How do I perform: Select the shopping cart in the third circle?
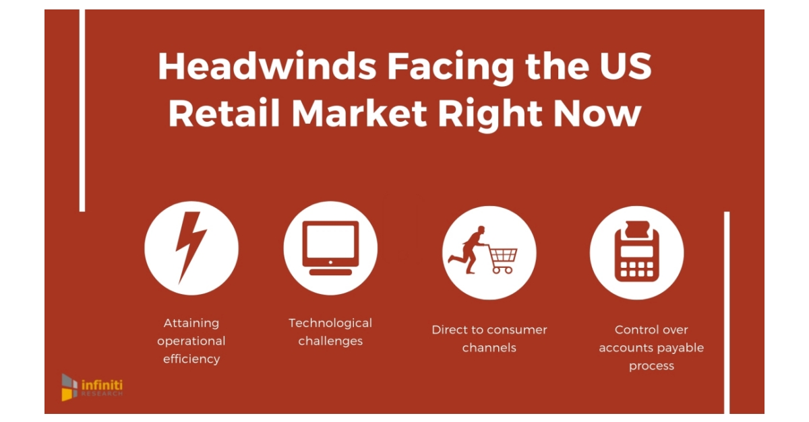click(503, 259)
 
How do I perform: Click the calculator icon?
click(636, 252)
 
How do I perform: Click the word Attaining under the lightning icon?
click(191, 323)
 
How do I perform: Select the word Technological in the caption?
click(330, 323)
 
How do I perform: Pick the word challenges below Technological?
click(330, 341)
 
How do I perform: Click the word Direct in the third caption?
click(449, 330)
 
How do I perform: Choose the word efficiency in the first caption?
click(191, 359)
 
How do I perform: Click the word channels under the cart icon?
click(489, 348)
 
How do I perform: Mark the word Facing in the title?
click(438, 67)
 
